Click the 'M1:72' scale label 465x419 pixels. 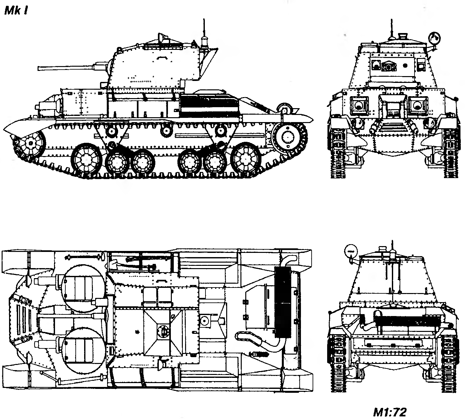[x=389, y=412]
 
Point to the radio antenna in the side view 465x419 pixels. [x=204, y=29]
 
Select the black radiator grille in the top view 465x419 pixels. [x=282, y=302]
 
